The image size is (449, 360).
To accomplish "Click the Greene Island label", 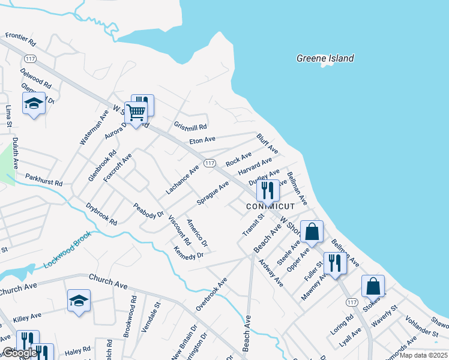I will [x=325, y=58].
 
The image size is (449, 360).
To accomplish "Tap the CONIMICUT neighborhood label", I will [x=270, y=206].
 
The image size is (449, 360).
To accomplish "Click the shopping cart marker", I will [x=136, y=112].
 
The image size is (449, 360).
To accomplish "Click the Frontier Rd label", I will [x=21, y=40].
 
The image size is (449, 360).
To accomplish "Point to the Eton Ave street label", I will [x=202, y=140].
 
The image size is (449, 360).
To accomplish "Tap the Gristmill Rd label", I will [x=190, y=127].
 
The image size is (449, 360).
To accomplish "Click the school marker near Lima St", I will [x=34, y=104].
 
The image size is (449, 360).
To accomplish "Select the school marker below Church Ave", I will [x=79, y=300].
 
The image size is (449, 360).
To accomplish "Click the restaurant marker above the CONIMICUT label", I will [x=267, y=190].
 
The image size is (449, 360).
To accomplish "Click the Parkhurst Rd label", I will [x=44, y=180].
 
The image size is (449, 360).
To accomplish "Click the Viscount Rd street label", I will [x=179, y=230].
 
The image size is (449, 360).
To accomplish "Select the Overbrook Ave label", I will [x=211, y=294].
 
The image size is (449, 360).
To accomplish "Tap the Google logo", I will [x=19, y=353].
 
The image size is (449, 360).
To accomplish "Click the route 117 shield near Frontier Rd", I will [x=31, y=58].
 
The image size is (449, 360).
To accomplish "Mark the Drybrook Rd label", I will [x=101, y=214].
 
